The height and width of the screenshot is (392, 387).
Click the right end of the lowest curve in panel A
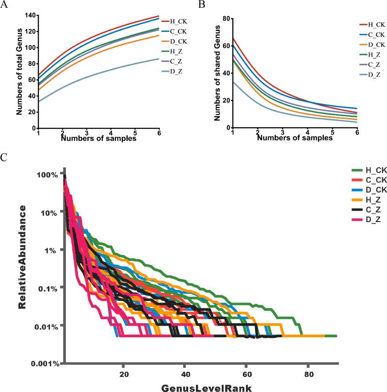[160, 59]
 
